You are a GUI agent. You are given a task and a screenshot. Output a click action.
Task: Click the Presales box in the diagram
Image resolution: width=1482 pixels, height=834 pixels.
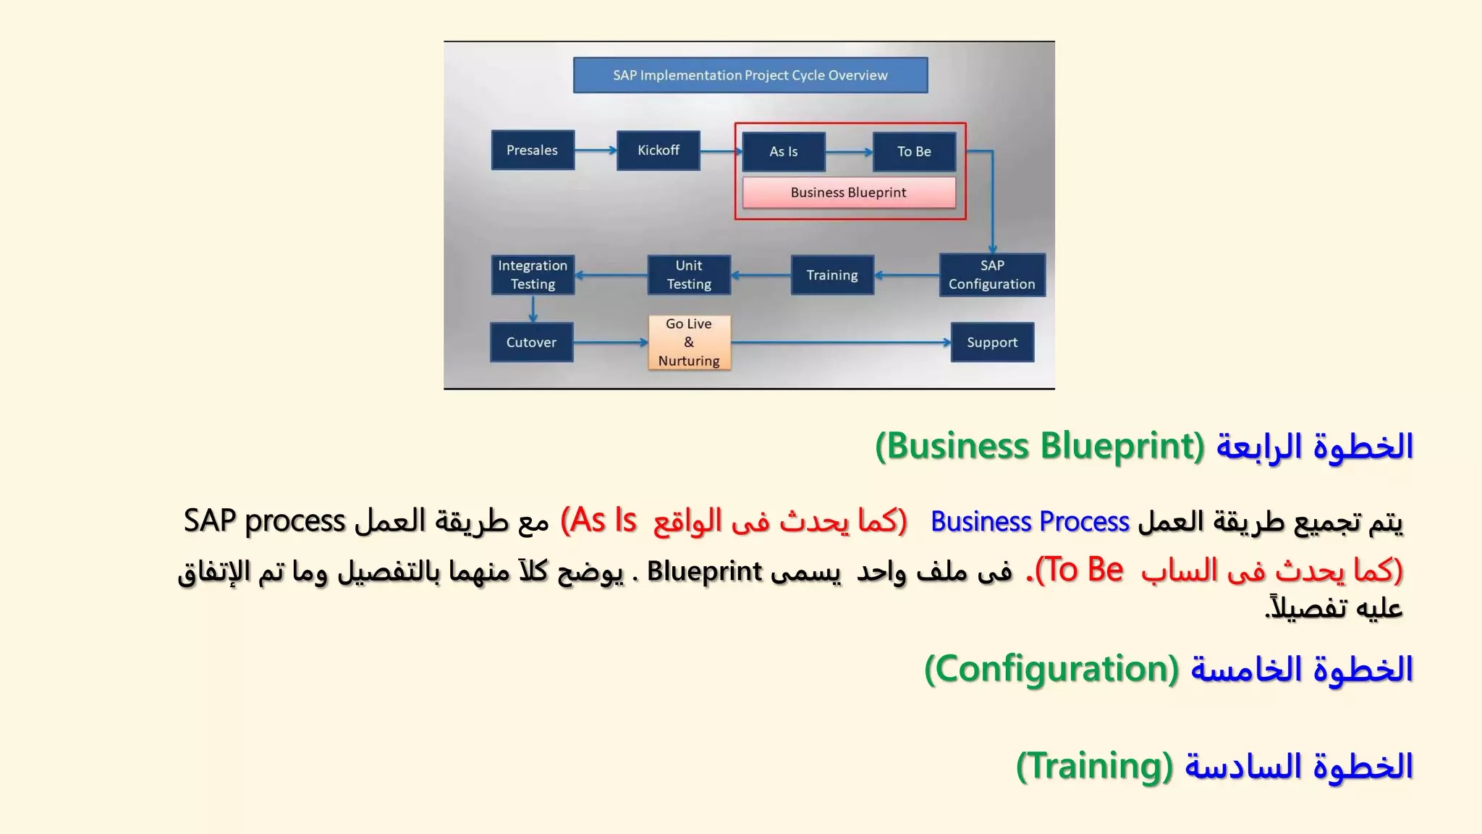[x=533, y=150]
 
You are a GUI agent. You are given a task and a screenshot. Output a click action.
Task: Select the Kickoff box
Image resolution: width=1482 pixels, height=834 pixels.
[x=658, y=150]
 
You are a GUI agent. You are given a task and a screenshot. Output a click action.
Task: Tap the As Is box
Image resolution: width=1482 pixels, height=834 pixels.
[x=784, y=151]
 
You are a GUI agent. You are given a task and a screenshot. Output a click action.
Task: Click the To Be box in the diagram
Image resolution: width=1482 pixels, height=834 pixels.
[x=914, y=151]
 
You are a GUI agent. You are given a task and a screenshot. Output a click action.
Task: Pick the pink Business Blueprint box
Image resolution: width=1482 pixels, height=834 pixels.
[x=848, y=193]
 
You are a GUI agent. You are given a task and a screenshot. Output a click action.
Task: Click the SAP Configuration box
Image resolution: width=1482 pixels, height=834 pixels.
[x=992, y=274]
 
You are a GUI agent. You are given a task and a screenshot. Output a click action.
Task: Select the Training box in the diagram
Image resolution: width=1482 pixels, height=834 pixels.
[x=832, y=275]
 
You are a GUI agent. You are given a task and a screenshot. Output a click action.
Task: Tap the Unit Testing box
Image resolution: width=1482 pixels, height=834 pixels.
[x=689, y=274]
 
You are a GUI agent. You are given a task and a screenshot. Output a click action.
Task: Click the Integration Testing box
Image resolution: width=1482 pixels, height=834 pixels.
[x=533, y=274]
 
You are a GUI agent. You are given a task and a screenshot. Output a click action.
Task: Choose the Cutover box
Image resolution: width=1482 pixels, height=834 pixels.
[x=531, y=342]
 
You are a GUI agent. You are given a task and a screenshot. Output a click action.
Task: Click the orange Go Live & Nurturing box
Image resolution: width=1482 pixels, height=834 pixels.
[x=689, y=342]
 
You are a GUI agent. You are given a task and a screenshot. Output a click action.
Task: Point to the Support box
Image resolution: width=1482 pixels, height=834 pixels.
[x=992, y=342]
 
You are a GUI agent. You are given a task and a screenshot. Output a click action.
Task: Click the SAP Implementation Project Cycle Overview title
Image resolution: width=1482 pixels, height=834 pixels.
[x=750, y=75]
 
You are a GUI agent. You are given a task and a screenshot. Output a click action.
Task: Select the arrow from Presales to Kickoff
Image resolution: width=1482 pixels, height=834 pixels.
[x=596, y=150]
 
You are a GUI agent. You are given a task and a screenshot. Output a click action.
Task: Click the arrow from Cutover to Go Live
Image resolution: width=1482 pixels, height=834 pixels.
[x=610, y=342]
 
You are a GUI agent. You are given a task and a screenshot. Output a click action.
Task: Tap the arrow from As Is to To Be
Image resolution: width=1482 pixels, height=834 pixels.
[x=849, y=152]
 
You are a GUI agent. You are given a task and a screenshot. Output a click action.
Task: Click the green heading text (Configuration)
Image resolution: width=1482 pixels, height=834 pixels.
[x=1052, y=669]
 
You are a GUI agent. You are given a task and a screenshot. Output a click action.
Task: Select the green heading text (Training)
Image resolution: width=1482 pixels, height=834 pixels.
[x=1094, y=766]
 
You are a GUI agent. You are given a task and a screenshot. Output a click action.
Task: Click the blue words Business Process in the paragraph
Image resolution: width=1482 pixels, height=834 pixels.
[x=1030, y=522]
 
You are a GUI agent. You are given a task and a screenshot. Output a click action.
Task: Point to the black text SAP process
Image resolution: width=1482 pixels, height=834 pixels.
[x=264, y=521]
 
